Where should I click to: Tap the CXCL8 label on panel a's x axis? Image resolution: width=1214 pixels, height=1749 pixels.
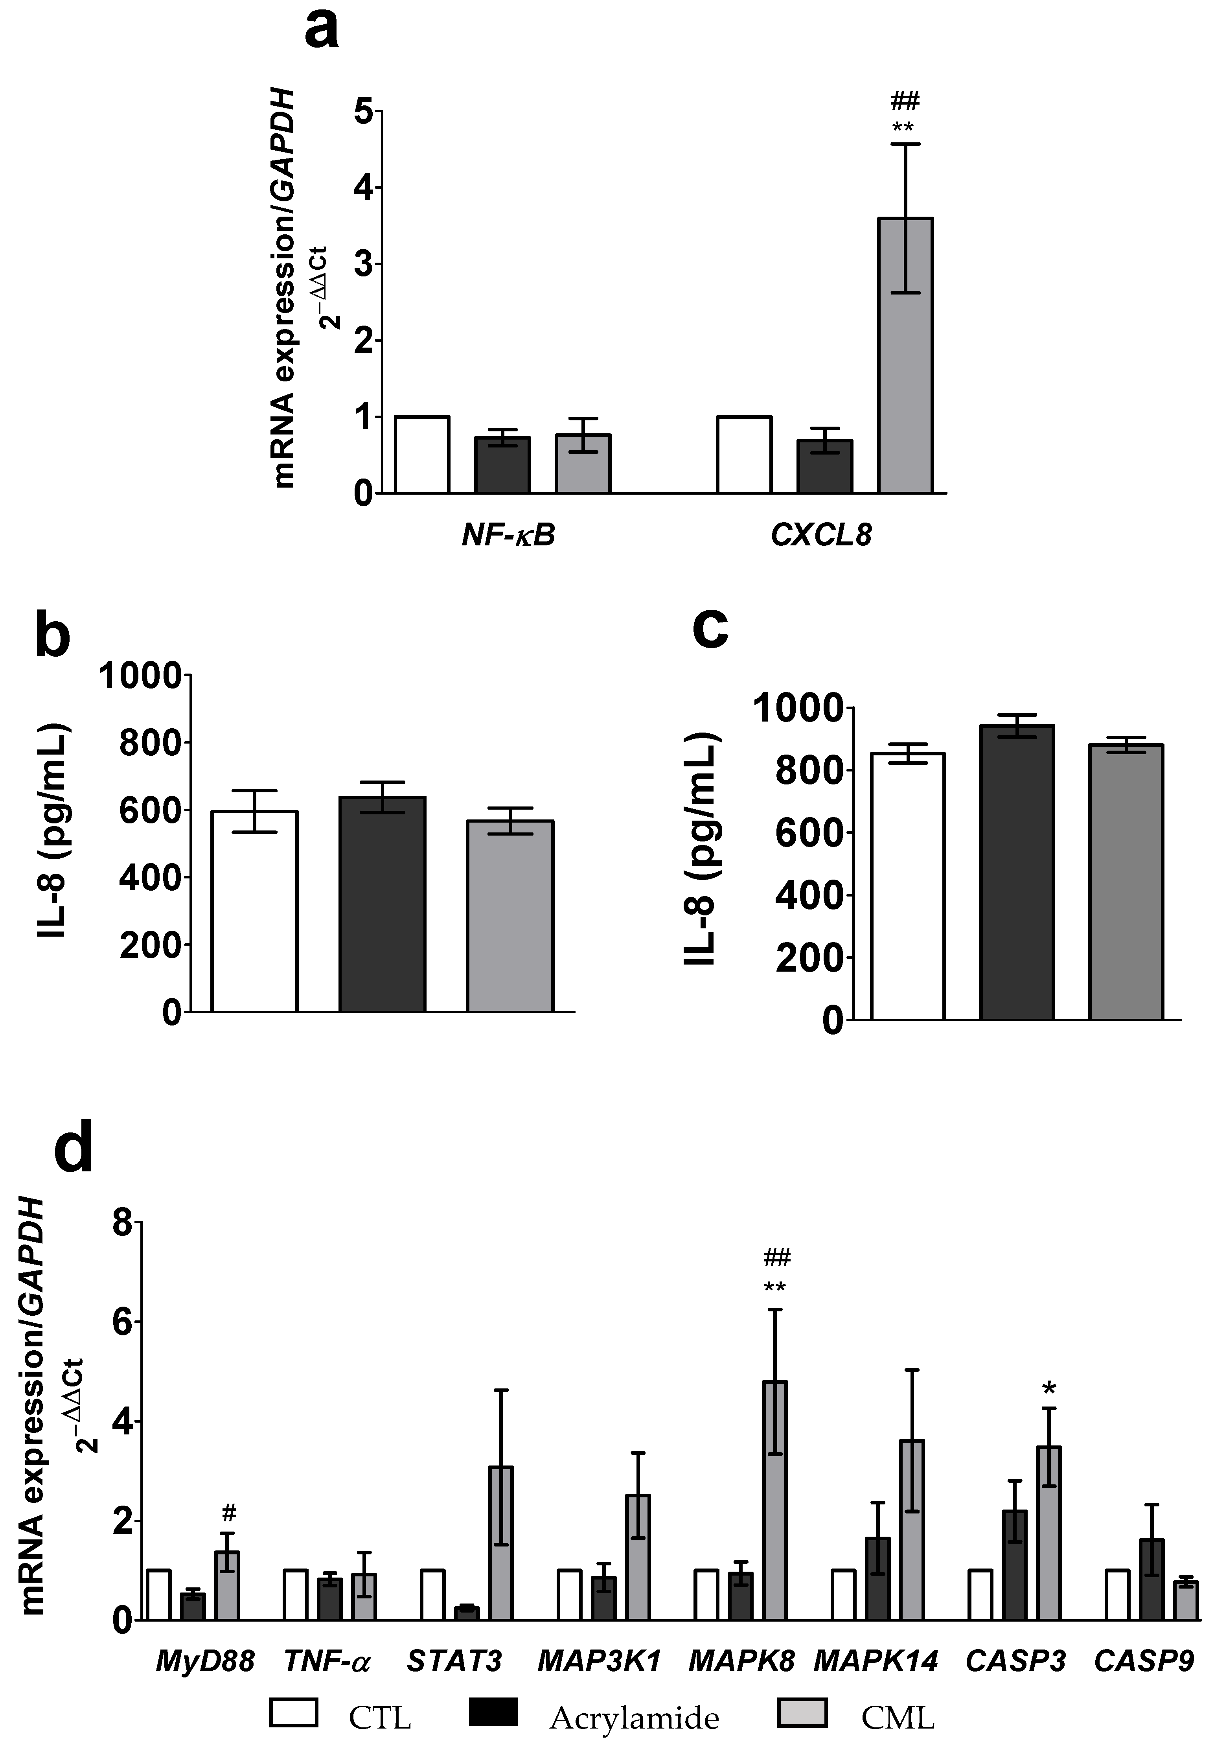(821, 536)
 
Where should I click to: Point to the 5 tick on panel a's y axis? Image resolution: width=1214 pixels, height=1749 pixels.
(364, 112)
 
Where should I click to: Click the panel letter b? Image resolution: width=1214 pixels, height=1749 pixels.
(53, 637)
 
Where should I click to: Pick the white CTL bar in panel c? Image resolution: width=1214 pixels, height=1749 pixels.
(907, 886)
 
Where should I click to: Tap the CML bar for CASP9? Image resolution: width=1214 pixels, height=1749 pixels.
(1185, 1601)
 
